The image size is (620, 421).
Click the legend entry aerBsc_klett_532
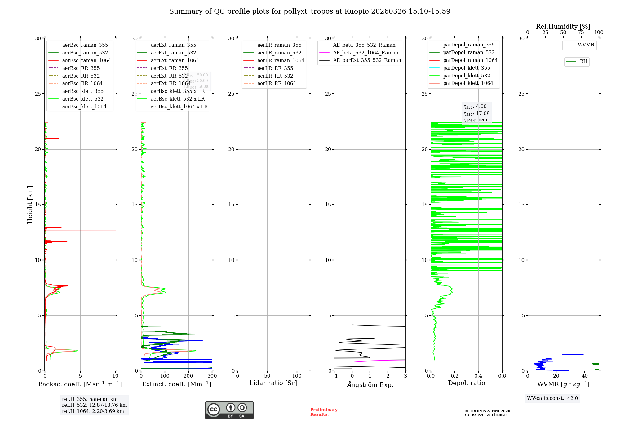[83, 99]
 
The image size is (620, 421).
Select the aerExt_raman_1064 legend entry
[175, 60]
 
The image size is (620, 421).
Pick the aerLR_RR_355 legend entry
[275, 68]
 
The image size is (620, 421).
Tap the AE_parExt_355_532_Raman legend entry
[367, 60]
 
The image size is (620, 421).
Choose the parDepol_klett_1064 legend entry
[468, 83]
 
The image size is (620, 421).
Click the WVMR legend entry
[586, 45]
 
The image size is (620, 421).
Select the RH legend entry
[583, 62]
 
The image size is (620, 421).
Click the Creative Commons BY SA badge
[229, 410]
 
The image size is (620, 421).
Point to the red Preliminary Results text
[324, 412]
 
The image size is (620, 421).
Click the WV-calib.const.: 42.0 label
[552, 398]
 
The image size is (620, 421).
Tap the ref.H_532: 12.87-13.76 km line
[94, 405]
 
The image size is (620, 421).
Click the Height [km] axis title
[30, 204]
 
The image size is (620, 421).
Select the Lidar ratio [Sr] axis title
[273, 383]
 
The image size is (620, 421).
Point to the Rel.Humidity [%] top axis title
[563, 27]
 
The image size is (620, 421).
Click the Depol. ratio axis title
[466, 383]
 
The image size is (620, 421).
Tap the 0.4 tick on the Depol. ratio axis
[478, 376]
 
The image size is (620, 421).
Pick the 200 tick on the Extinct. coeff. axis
[188, 376]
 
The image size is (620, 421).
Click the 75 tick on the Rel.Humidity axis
[581, 33]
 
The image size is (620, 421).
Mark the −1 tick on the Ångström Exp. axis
[334, 376]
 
